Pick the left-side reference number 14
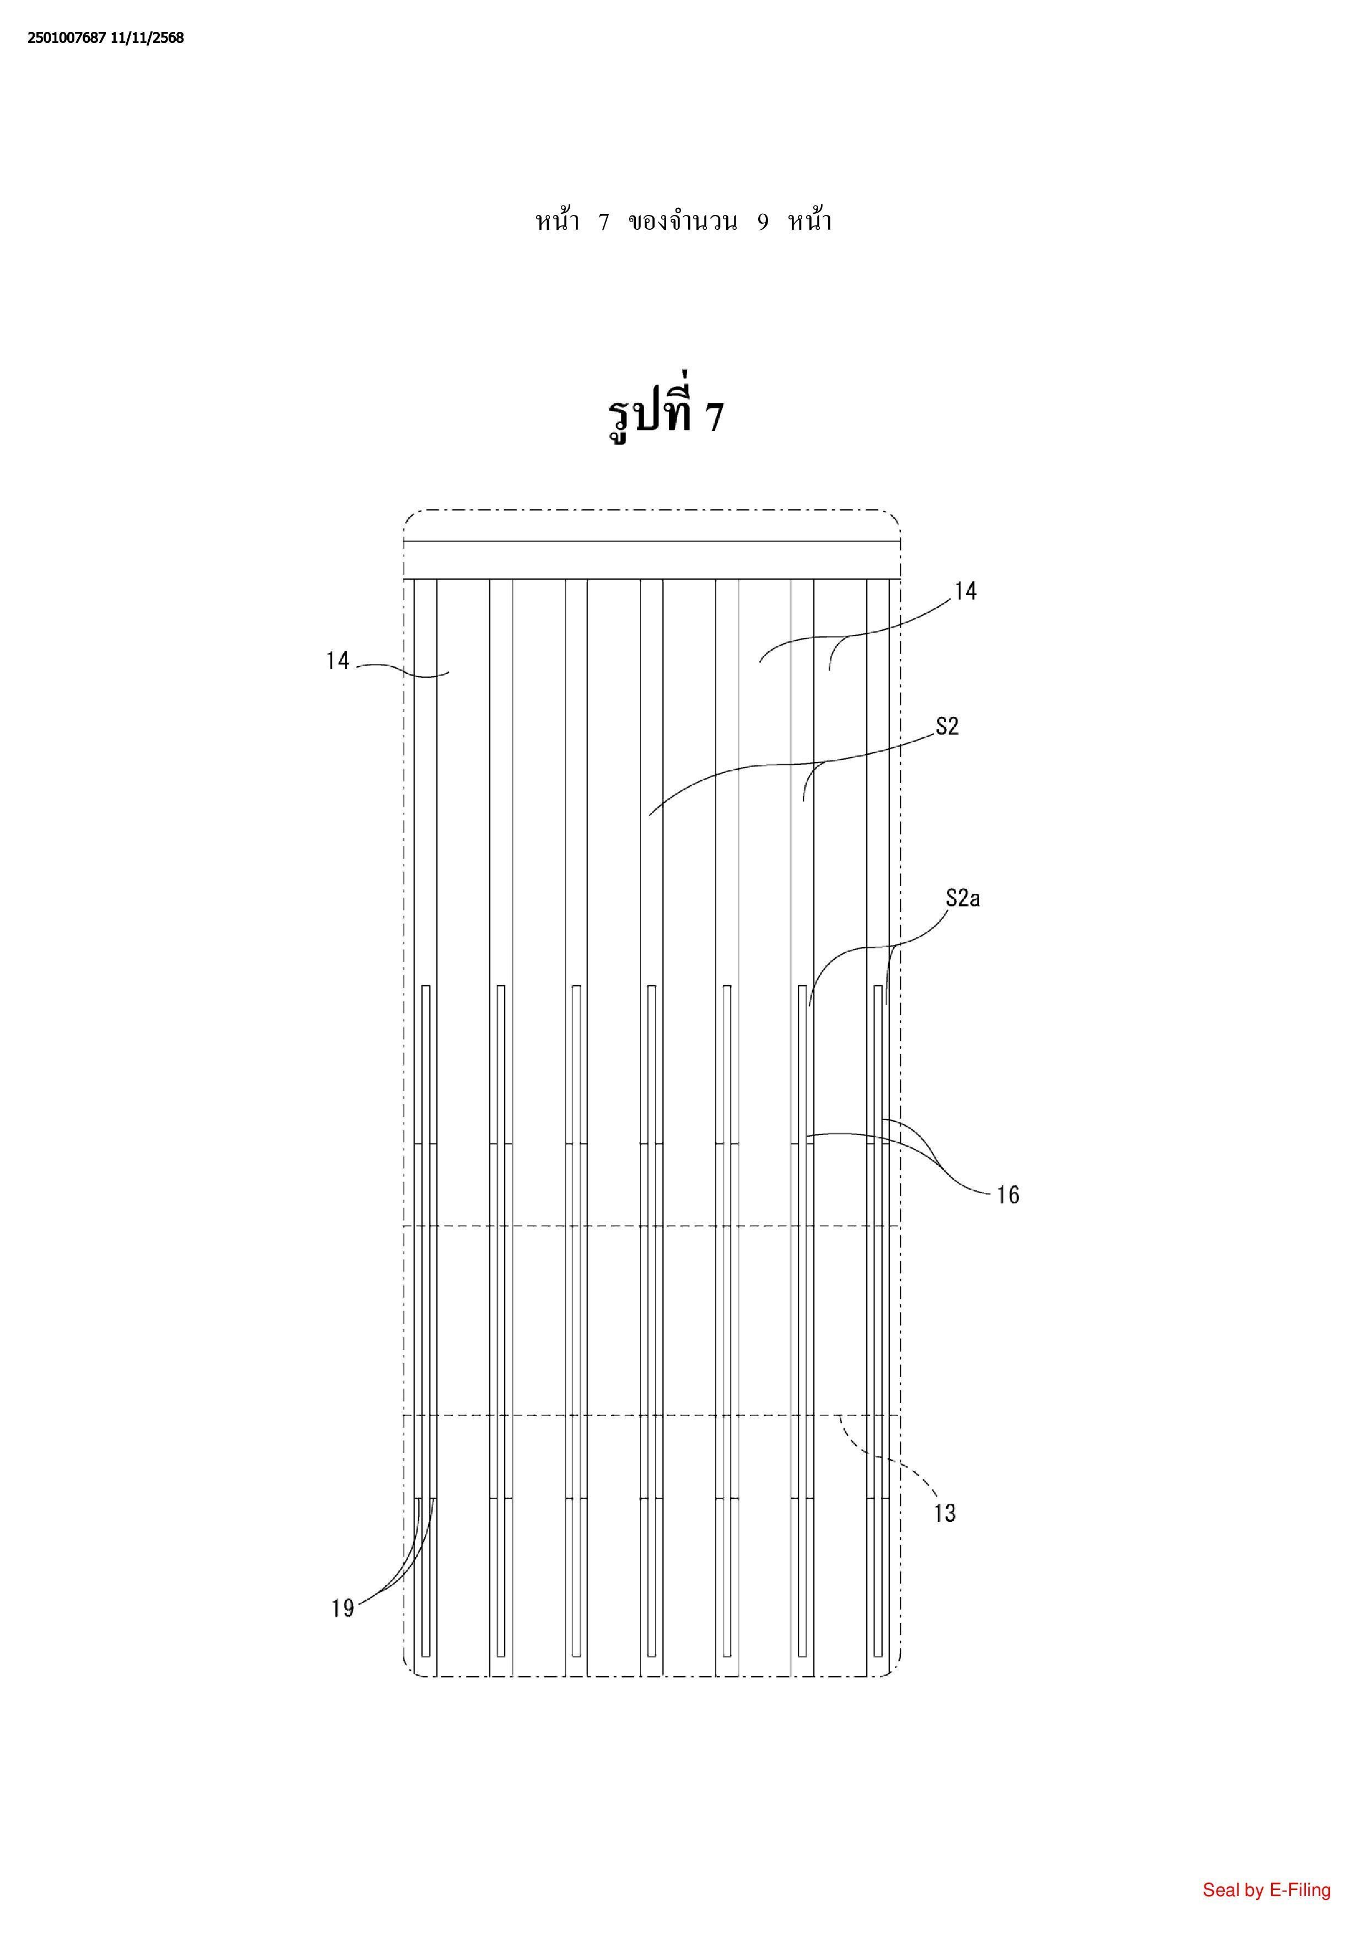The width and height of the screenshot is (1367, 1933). pyautogui.click(x=338, y=661)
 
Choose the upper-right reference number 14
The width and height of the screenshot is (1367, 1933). pyautogui.click(x=965, y=591)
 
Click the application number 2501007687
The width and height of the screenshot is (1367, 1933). pyautogui.click(x=67, y=38)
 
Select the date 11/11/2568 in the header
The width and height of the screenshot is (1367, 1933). pyautogui.click(x=147, y=38)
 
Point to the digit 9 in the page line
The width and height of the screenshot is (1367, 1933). pyautogui.click(x=763, y=222)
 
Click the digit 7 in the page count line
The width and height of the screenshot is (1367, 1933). pyautogui.click(x=603, y=222)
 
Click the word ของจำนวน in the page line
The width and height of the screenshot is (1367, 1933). pyautogui.click(x=683, y=222)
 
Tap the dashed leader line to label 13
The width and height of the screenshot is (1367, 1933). pyautogui.click(x=892, y=1463)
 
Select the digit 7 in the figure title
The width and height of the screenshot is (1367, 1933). pyautogui.click(x=714, y=417)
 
